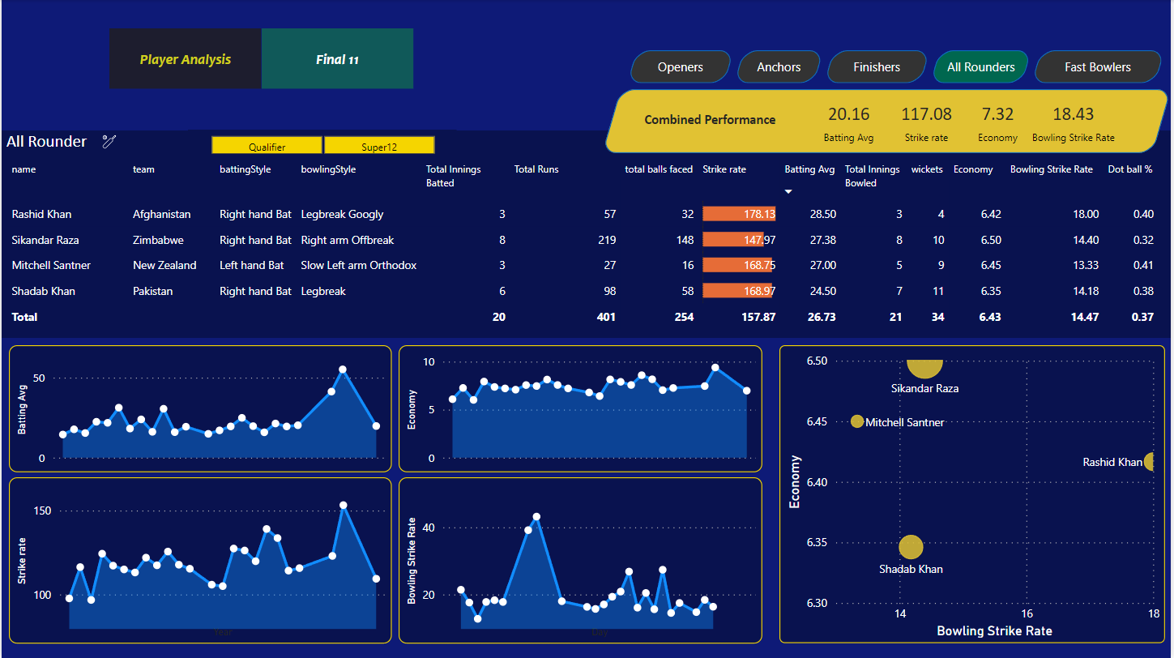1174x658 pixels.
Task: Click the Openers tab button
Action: click(680, 67)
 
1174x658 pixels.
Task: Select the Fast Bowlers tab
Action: click(1097, 67)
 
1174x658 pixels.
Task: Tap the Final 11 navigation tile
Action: click(337, 59)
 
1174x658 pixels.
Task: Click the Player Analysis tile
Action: click(186, 59)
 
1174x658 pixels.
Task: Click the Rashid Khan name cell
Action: click(41, 214)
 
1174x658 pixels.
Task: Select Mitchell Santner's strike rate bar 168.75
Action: click(739, 265)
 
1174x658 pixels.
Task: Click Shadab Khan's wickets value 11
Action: click(937, 291)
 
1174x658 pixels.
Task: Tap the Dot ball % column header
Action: click(1129, 169)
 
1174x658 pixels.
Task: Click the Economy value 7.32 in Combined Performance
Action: click(997, 114)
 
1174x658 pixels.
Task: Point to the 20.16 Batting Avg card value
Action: click(848, 114)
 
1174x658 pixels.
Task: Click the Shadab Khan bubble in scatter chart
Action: click(911, 547)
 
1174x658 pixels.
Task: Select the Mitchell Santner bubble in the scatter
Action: click(857, 421)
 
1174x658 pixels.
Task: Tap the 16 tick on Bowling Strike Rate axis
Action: click(1027, 614)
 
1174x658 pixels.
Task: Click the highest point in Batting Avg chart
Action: click(343, 370)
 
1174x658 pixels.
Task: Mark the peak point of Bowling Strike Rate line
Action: click(536, 517)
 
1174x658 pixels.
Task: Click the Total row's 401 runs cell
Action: click(605, 317)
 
